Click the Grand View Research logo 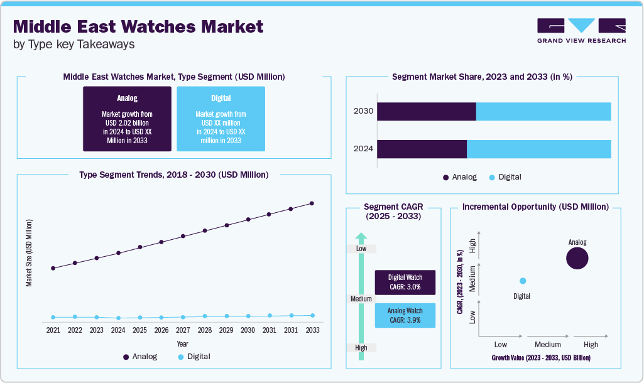pos(581,30)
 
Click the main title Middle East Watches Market pos(138,26)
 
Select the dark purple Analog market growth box pos(127,119)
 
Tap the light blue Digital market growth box pos(221,119)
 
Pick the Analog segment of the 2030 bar pos(426,111)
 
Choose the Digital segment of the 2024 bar pos(538,149)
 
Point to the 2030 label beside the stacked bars pos(363,111)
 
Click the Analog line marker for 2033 pos(312,203)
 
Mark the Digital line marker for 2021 pos(53,317)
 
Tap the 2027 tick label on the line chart pos(183,330)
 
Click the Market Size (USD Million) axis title pos(29,253)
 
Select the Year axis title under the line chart pos(182,344)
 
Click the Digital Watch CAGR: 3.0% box pos(405,282)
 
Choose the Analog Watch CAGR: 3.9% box pos(405,315)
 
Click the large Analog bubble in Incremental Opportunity pos(577,258)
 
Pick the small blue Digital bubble pos(522,281)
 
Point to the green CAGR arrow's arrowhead pos(361,237)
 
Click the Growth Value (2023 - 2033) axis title pos(540,358)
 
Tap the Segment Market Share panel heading pos(482,77)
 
